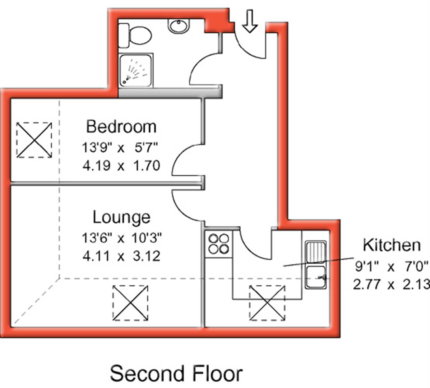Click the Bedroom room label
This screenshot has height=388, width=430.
coord(121,127)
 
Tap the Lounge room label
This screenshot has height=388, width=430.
coord(121,217)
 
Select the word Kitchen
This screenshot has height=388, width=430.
coord(392,245)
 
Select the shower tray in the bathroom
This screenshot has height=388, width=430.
coord(136,70)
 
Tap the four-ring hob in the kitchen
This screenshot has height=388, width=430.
coord(218,244)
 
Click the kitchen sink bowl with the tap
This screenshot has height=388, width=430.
coord(316,277)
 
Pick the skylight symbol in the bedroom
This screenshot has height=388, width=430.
coord(34,140)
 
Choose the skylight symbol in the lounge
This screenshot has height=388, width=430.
coord(130,303)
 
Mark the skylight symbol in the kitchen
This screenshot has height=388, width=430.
coord(267,303)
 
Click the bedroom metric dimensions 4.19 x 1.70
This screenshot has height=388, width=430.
coord(121,166)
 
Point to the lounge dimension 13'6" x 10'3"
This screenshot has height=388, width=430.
coord(121,237)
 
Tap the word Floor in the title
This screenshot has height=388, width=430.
coord(217,373)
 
